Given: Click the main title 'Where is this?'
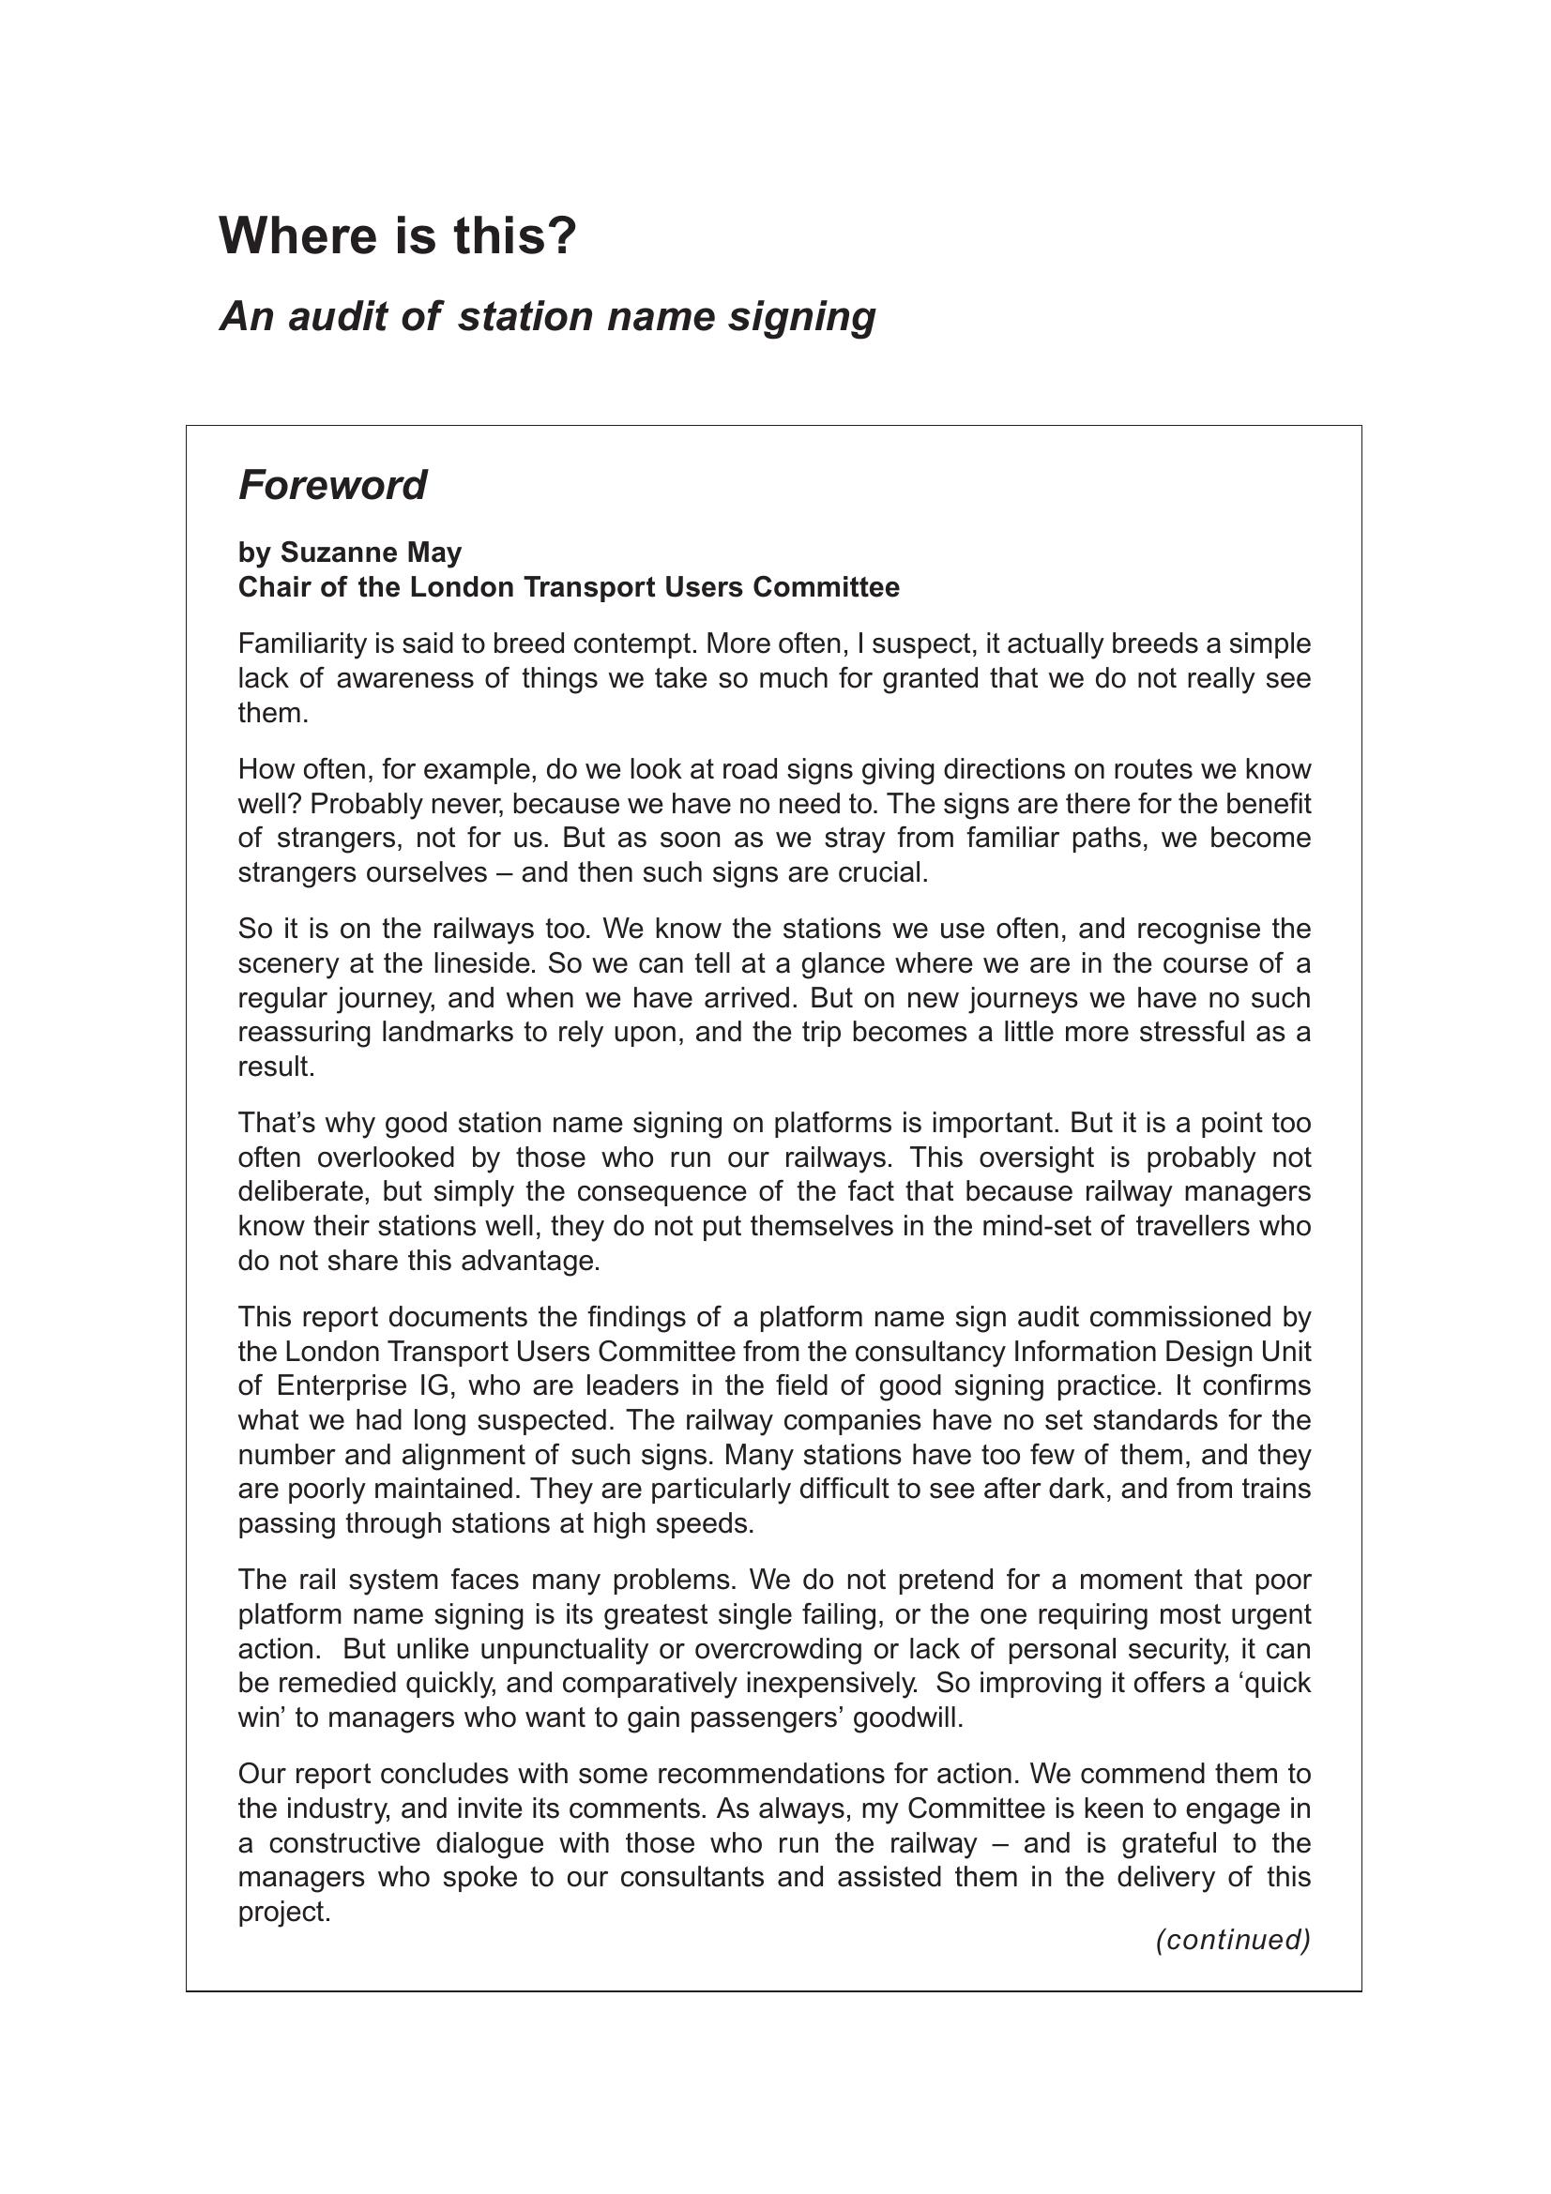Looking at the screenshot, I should click(x=398, y=236).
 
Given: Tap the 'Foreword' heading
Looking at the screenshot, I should click(x=331, y=486).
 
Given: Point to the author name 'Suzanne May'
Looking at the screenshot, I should click(x=371, y=552).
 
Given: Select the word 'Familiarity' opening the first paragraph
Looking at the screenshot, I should click(x=302, y=644).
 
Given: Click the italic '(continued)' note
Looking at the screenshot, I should click(x=1233, y=1940).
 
